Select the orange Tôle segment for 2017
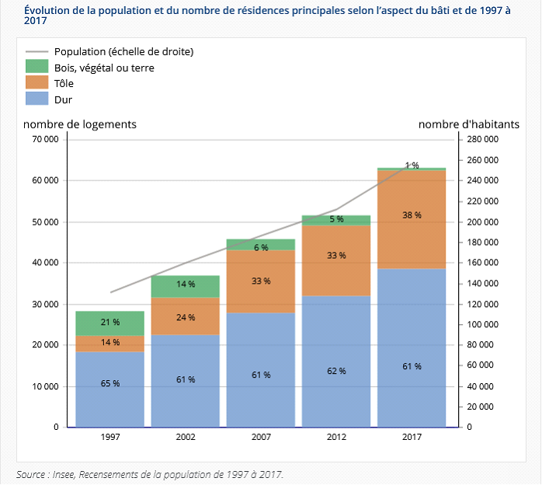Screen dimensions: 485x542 412,219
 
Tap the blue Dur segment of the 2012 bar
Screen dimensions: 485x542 336,361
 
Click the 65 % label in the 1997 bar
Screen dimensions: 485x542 110,383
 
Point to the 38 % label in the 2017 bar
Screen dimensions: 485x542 412,215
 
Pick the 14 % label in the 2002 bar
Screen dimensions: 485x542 186,284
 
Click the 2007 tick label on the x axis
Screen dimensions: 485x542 261,437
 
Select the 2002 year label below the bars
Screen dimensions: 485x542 186,437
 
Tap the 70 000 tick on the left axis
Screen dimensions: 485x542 45,140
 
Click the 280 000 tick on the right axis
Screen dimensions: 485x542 484,140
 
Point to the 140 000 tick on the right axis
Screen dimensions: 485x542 484,283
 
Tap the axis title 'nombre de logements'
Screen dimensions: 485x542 80,124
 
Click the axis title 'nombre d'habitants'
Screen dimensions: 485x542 469,124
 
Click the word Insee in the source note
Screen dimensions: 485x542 67,473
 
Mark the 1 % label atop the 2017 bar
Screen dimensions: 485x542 412,165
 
